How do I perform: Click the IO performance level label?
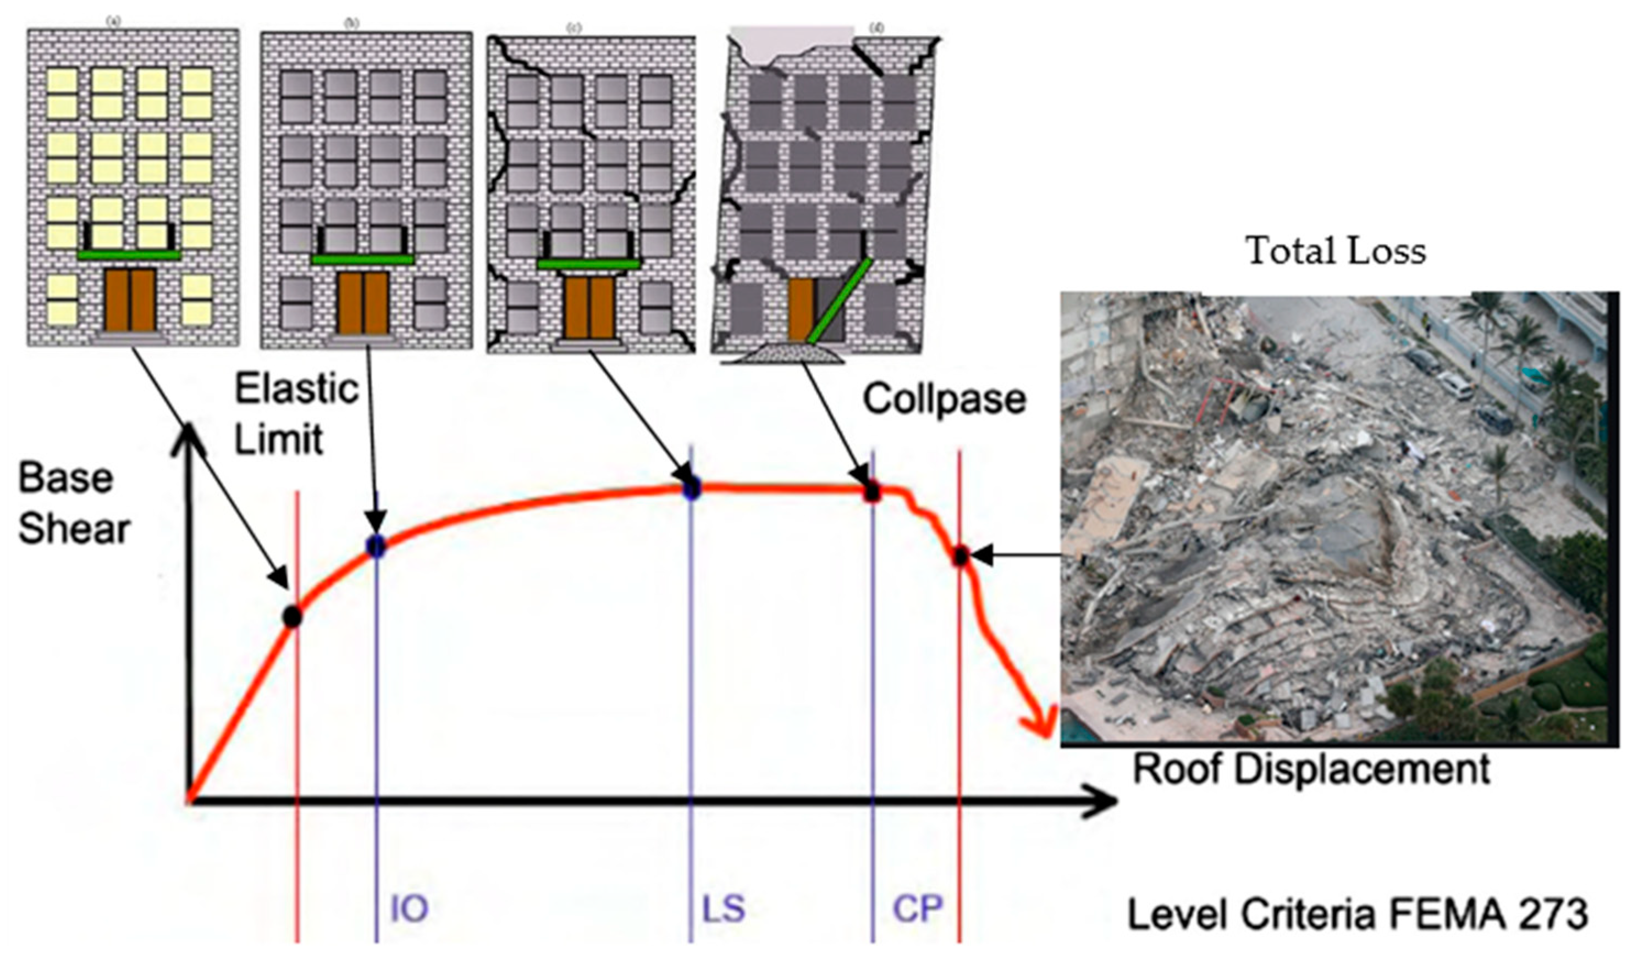pyautogui.click(x=409, y=908)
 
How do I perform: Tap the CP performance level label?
pyautogui.click(x=917, y=908)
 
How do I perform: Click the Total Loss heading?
pyautogui.click(x=1336, y=251)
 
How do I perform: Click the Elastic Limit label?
pyautogui.click(x=296, y=414)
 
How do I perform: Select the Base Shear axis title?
pyautogui.click(x=74, y=504)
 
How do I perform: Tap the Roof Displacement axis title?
pyautogui.click(x=1311, y=769)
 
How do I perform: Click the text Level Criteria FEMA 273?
pyautogui.click(x=1357, y=914)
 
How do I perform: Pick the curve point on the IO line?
pyautogui.click(x=376, y=546)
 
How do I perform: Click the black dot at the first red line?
pyautogui.click(x=293, y=616)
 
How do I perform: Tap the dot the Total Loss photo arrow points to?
pyautogui.click(x=960, y=556)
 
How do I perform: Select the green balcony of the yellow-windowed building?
pyautogui.click(x=129, y=256)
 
